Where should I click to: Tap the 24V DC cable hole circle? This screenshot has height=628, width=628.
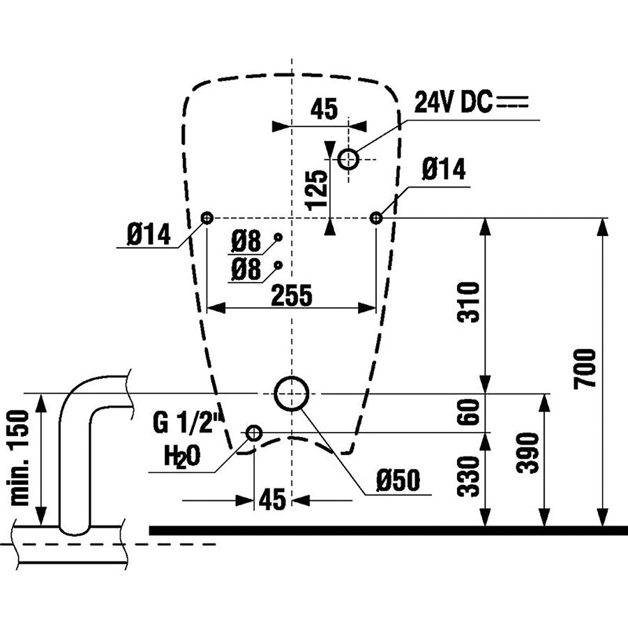tap(348, 159)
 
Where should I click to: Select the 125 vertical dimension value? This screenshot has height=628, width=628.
tap(316, 188)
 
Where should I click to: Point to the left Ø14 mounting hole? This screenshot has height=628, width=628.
tap(207, 218)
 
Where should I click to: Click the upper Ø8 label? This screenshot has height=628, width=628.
tap(246, 242)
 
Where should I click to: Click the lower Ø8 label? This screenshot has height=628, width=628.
tap(246, 269)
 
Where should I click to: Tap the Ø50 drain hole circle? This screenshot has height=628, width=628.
tap(292, 394)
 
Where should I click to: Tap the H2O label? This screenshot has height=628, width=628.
tap(182, 456)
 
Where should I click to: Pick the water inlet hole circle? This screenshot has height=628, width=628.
tap(254, 433)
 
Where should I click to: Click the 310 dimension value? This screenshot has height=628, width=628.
tap(472, 301)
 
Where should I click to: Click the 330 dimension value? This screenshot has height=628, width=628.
tap(472, 477)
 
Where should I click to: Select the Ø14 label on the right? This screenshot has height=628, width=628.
tap(444, 170)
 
